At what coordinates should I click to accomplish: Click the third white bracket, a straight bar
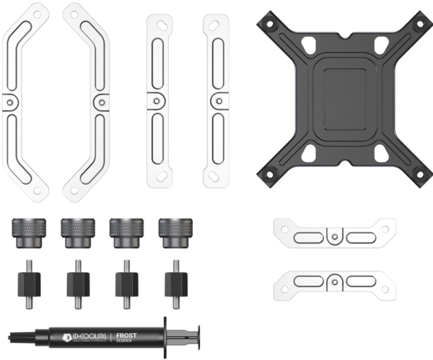point(159,101)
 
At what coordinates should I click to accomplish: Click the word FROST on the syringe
point(126,335)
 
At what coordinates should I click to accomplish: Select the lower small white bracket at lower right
point(333,282)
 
